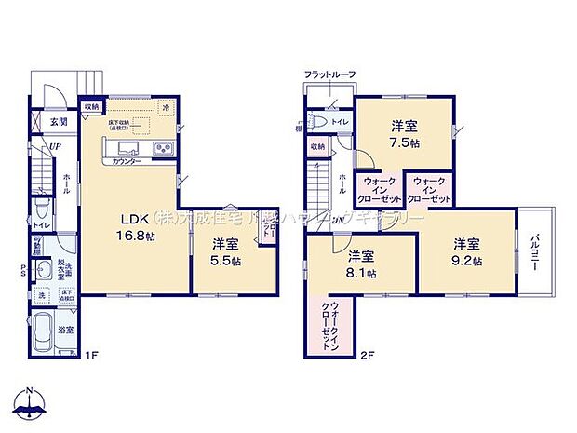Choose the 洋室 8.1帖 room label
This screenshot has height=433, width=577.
[x=363, y=264]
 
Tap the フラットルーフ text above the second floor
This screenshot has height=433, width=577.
[x=329, y=74]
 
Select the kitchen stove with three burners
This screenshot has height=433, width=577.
[x=162, y=148]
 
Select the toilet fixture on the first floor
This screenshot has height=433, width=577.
[x=42, y=210]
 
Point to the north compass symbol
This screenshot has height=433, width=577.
[x=31, y=403]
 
